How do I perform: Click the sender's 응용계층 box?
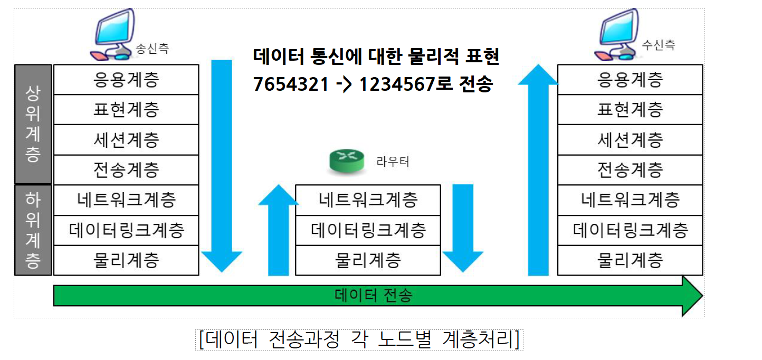tap(126, 80)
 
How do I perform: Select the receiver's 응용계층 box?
tap(630, 80)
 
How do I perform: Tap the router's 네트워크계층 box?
tap(368, 200)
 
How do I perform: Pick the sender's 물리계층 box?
tap(126, 260)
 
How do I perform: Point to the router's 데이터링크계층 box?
tap(368, 230)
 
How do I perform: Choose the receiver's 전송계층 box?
tap(630, 170)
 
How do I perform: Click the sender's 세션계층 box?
tap(126, 140)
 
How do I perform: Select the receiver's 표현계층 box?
tap(630, 110)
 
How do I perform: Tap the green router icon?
tap(346, 162)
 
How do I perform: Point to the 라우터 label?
tap(393, 162)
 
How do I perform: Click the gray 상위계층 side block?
tap(33, 124)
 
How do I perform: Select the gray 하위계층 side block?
tap(33, 230)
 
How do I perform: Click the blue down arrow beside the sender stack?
tap(222, 164)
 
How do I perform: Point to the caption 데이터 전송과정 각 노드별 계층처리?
tap(359, 339)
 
